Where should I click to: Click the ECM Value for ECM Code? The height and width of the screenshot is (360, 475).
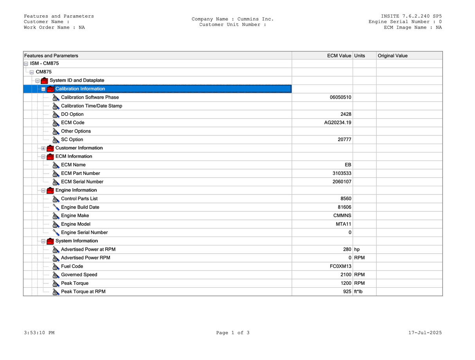pos(335,123)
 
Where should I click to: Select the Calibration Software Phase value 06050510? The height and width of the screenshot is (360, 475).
pos(340,97)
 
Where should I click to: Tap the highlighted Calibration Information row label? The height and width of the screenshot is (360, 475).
pos(80,89)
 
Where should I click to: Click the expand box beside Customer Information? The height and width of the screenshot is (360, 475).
pos(43,148)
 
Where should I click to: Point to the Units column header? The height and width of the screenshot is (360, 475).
pos(360,56)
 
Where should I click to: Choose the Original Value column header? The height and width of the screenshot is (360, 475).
pos(392,56)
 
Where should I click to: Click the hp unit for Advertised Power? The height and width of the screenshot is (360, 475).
pos(357,250)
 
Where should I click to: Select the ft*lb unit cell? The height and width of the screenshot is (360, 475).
pos(358,292)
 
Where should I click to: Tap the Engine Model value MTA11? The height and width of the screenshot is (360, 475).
pos(344,224)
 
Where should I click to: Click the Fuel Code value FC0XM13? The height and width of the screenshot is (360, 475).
pos(340,266)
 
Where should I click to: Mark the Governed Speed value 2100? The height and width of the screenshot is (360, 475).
pos(346,275)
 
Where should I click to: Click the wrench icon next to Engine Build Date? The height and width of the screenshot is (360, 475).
pos(56,207)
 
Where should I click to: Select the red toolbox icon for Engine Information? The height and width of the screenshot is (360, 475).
pos(50,191)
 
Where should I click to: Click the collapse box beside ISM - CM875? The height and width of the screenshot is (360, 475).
pos(26,64)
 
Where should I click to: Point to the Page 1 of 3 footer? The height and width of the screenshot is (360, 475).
pos(233,333)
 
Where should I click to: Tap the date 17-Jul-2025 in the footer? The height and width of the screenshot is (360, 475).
pos(425,333)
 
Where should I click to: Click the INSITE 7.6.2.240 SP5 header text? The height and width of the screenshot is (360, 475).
pos(411,16)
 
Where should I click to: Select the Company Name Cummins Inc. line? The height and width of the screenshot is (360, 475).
pos(233,19)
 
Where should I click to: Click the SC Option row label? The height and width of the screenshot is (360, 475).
pos(72,140)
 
